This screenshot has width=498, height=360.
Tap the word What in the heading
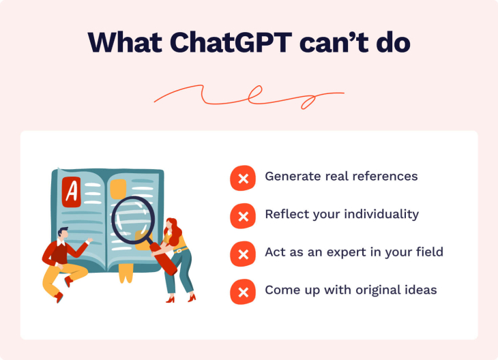127,42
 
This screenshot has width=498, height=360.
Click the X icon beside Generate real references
242,178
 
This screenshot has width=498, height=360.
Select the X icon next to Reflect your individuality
242,216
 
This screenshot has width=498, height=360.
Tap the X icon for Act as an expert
242,254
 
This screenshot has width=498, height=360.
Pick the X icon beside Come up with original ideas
242,292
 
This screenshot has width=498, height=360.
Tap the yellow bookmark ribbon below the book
125,274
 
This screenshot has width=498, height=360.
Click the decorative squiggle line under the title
249,97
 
